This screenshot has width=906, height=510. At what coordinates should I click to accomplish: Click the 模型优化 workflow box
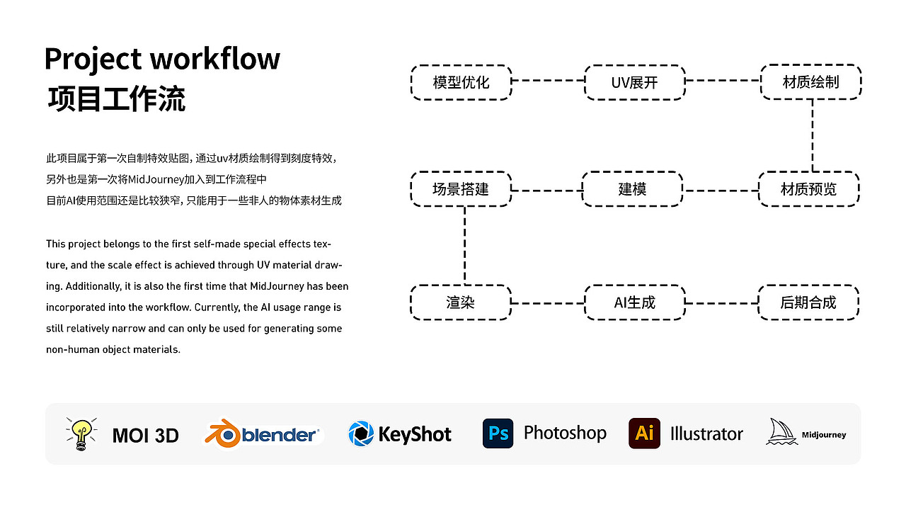tap(461, 81)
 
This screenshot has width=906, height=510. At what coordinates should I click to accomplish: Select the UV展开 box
tap(635, 81)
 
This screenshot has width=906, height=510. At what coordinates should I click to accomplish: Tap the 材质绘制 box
tap(810, 81)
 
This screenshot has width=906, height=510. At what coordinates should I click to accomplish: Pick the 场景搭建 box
tap(461, 189)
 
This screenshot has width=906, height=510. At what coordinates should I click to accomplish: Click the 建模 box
tap(632, 189)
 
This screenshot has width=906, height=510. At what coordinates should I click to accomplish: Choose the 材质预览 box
tap(808, 189)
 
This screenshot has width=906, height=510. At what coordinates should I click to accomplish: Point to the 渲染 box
tap(461, 302)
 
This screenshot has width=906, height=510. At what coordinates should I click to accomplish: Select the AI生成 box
tap(635, 302)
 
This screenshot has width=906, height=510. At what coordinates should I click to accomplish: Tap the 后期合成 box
tap(808, 302)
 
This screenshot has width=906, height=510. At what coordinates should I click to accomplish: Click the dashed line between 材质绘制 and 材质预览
tap(812, 135)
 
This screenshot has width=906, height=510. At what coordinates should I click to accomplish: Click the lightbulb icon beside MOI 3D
tap(81, 433)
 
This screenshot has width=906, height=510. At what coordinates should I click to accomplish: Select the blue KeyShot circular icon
tap(361, 433)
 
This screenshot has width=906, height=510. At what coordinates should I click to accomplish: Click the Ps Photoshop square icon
tap(498, 433)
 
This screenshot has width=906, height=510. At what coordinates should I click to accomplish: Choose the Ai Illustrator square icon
tap(644, 433)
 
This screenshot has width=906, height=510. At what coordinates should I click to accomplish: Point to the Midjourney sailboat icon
tap(781, 432)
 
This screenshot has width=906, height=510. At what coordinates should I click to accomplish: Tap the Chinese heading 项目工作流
tap(117, 99)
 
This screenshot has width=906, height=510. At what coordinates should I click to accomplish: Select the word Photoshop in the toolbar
tap(565, 433)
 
